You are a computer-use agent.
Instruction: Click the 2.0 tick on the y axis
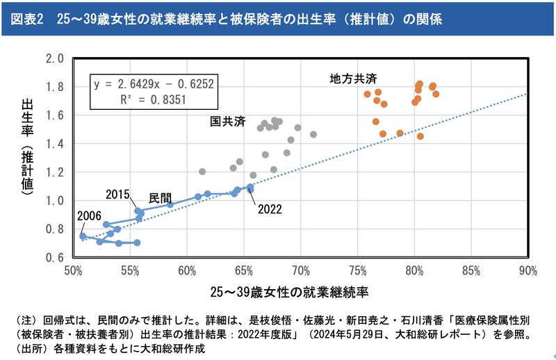tap(54, 58)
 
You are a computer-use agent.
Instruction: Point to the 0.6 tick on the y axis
tap(54, 257)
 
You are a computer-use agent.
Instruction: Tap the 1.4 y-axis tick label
tap(54, 144)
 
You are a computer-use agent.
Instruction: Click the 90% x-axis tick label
tap(528, 270)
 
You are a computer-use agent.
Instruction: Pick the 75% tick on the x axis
tap(357, 270)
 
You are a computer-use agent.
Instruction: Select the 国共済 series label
tap(229, 122)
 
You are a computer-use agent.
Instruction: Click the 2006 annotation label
tap(90, 215)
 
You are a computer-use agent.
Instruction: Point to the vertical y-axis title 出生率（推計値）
tap(28, 147)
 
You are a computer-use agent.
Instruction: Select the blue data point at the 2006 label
tap(83, 236)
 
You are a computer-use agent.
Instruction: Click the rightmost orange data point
tap(436, 94)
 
